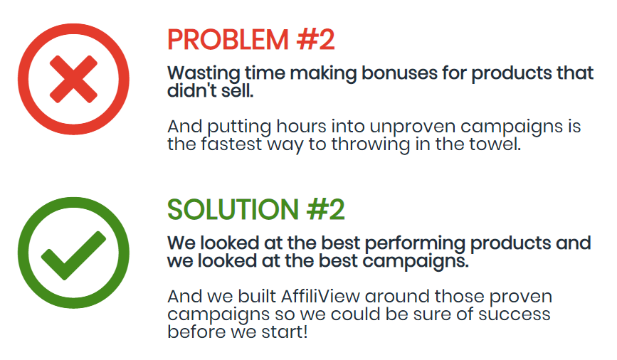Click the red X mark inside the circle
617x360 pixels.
pyautogui.click(x=73, y=79)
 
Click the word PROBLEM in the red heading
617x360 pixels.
pyautogui.click(x=228, y=40)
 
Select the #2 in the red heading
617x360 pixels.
pyautogui.click(x=316, y=40)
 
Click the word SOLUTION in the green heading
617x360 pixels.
pyautogui.click(x=233, y=209)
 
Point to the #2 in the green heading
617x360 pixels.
pyautogui.click(x=326, y=209)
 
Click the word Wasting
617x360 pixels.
pyautogui.click(x=204, y=74)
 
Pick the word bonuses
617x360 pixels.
pyautogui.click(x=399, y=73)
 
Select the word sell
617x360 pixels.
pyautogui.click(x=237, y=91)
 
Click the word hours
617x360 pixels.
pyautogui.click(x=302, y=127)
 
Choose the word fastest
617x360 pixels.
pyautogui.click(x=231, y=144)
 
